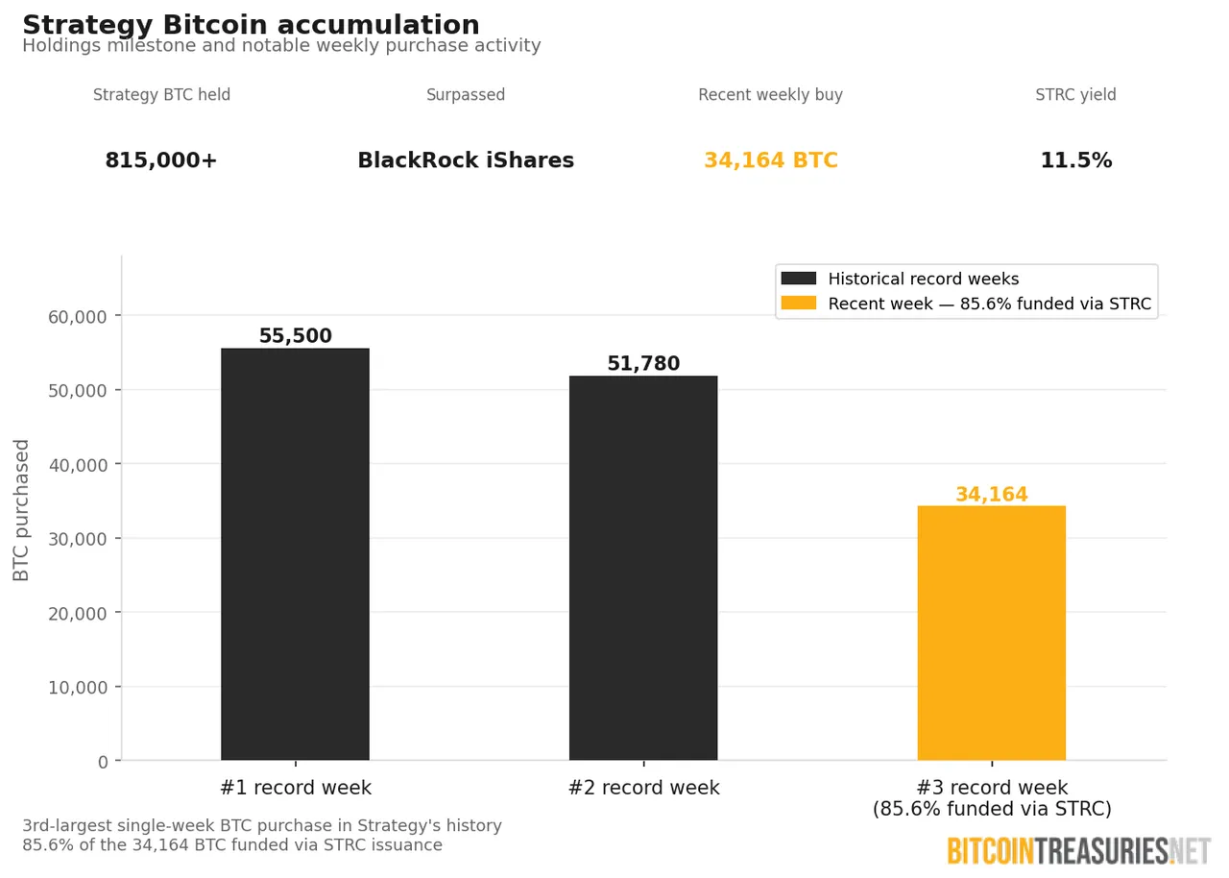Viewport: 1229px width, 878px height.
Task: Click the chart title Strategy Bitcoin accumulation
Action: (251, 25)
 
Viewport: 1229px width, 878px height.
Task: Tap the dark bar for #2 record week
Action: (643, 568)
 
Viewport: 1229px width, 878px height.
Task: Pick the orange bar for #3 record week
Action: (991, 633)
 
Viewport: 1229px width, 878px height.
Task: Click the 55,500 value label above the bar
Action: (295, 336)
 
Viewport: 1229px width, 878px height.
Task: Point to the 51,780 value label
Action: (643, 364)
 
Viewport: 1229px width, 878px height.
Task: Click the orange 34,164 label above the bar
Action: (991, 495)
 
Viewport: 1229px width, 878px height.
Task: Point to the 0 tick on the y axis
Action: (103, 762)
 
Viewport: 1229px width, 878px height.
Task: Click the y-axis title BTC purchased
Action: (21, 509)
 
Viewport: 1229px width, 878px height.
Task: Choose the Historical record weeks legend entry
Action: (923, 279)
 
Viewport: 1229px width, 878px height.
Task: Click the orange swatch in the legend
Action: (798, 304)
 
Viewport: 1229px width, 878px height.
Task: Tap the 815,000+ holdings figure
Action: (161, 160)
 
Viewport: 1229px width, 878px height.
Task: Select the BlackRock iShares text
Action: (466, 160)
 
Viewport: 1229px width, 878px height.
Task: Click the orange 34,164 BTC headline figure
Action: (770, 160)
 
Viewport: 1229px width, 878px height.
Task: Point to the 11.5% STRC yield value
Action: (1075, 160)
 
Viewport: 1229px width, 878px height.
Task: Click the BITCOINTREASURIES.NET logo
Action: (1078, 851)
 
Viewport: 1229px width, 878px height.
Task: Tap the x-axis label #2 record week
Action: (643, 788)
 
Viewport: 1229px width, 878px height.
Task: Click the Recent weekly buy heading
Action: (770, 95)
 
